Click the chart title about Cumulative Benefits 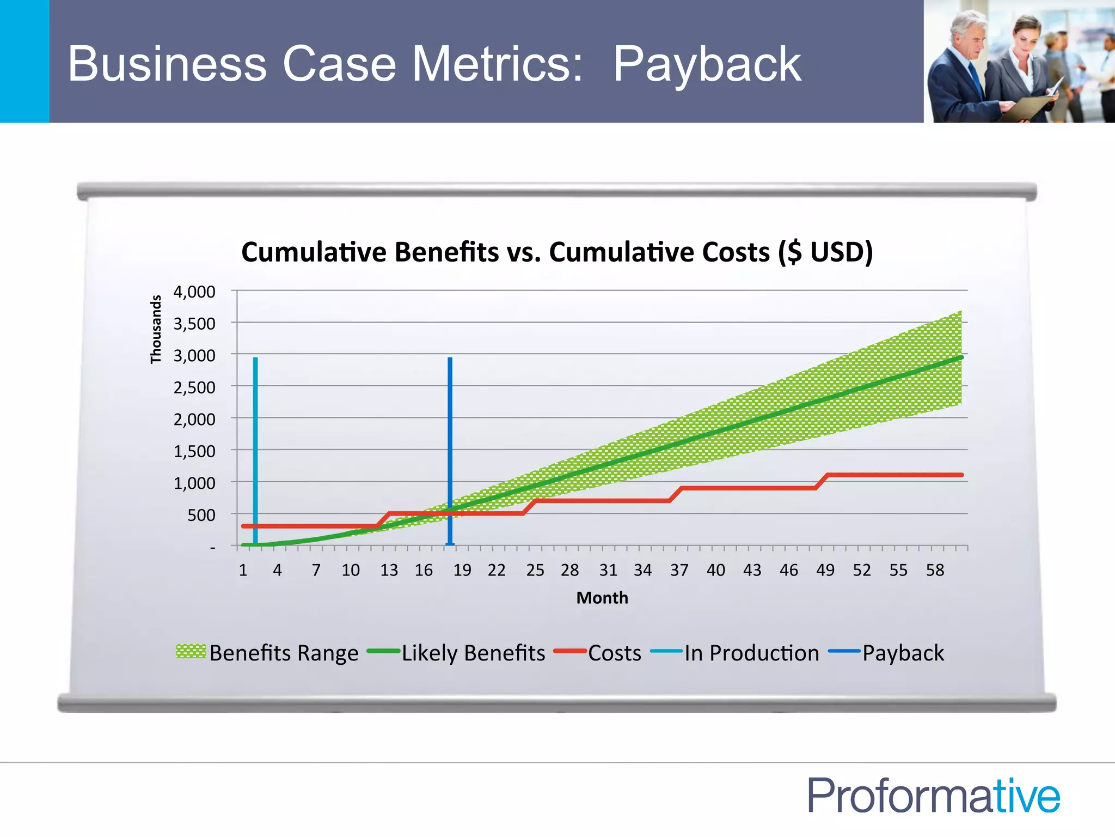point(556,252)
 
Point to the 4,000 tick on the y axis point(194,292)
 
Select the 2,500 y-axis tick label point(194,388)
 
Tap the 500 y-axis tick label point(201,515)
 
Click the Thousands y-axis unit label point(156,329)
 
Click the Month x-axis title point(602,598)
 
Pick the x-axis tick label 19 point(462,570)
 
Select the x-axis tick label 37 point(679,570)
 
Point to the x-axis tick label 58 point(935,570)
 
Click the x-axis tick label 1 point(243,570)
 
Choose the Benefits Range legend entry point(267,653)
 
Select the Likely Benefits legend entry point(457,653)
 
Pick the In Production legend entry point(735,653)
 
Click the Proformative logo point(934,796)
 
